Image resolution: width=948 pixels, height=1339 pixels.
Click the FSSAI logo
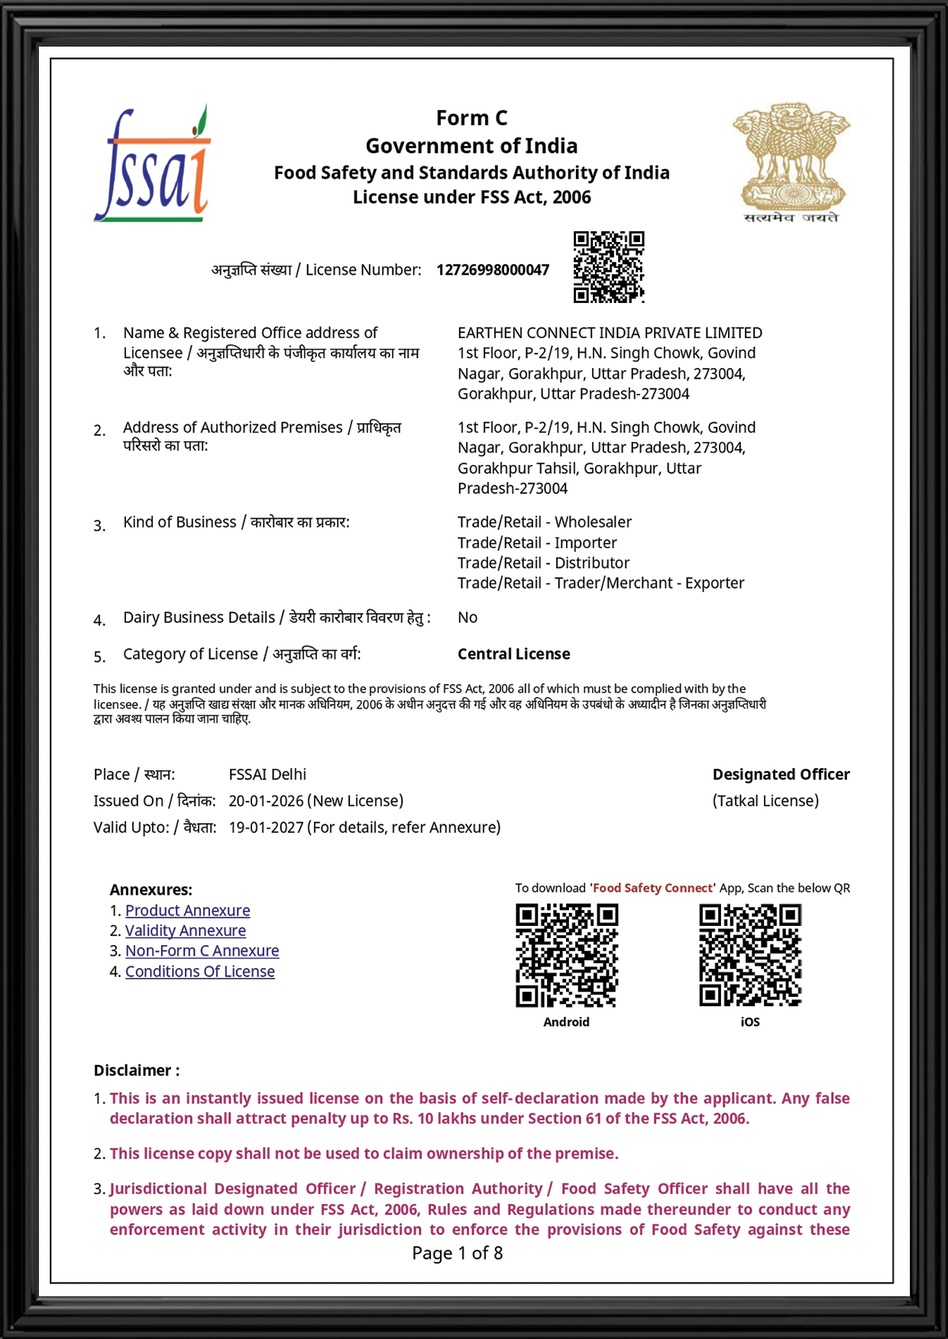pyautogui.click(x=153, y=165)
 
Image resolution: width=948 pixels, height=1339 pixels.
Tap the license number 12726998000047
pyautogui.click(x=493, y=270)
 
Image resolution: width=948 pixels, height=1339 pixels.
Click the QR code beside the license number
pyautogui.click(x=609, y=266)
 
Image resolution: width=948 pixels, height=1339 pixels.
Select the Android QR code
pyautogui.click(x=567, y=955)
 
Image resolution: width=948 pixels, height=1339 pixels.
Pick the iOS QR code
pyautogui.click(x=750, y=955)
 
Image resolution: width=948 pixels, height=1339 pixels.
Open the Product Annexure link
pyautogui.click(x=187, y=911)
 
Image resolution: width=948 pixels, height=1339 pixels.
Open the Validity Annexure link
pyautogui.click(x=186, y=931)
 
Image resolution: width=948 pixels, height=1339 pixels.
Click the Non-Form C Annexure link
pyautogui.click(x=202, y=951)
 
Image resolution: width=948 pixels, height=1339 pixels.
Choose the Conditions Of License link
pyautogui.click(x=200, y=972)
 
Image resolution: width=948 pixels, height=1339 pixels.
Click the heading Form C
pyautogui.click(x=471, y=118)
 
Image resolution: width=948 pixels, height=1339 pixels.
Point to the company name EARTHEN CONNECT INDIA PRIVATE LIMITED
pyautogui.click(x=610, y=333)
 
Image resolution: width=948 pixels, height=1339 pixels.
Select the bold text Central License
pyautogui.click(x=513, y=654)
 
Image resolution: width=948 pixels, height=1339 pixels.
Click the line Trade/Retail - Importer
pyautogui.click(x=537, y=543)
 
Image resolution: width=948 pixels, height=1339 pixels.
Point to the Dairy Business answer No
pyautogui.click(x=468, y=618)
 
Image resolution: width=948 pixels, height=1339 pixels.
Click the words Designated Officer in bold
pyautogui.click(x=781, y=775)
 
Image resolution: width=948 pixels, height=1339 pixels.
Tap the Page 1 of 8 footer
pyautogui.click(x=457, y=1253)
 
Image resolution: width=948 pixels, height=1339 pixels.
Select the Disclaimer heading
pyautogui.click(x=137, y=1070)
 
